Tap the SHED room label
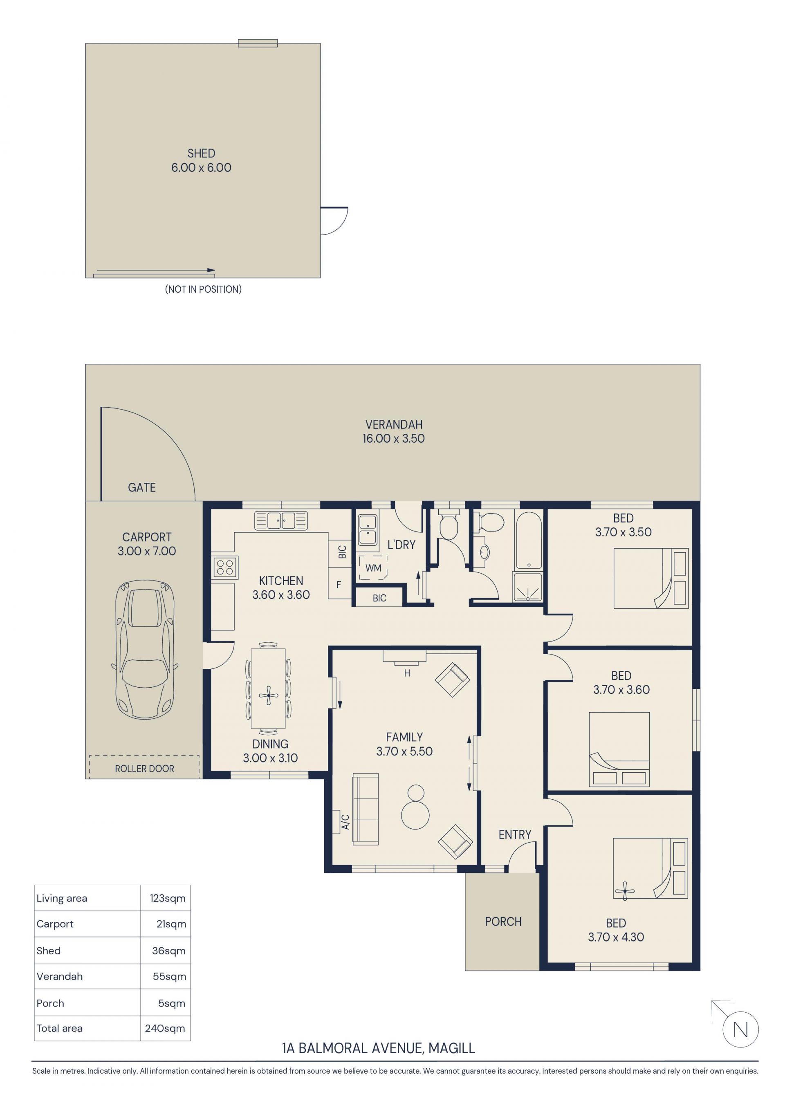[201, 153]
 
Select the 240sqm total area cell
[165, 1028]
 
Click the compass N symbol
[740, 1030]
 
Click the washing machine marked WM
[373, 567]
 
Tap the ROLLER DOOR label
[144, 768]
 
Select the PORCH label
[503, 922]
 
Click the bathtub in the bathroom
[528, 540]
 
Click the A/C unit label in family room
[345, 822]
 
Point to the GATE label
[141, 487]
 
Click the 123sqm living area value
[167, 898]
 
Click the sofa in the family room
[366, 809]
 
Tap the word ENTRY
[515, 834]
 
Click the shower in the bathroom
[528, 587]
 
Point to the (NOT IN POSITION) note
[203, 289]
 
